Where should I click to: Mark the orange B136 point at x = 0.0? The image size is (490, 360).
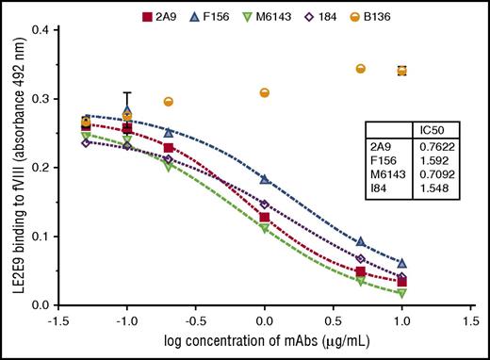click(x=265, y=92)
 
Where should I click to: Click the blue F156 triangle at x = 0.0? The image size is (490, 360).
click(x=265, y=178)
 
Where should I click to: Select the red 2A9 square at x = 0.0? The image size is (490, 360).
click(x=265, y=217)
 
